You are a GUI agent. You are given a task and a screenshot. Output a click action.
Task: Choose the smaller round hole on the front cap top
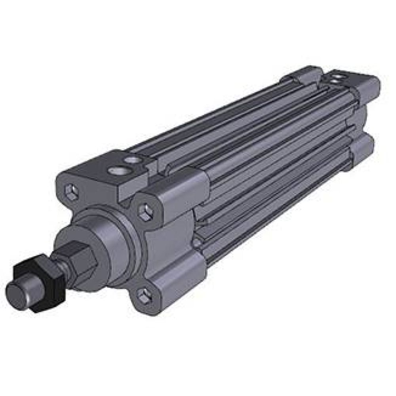pos(132,160)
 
